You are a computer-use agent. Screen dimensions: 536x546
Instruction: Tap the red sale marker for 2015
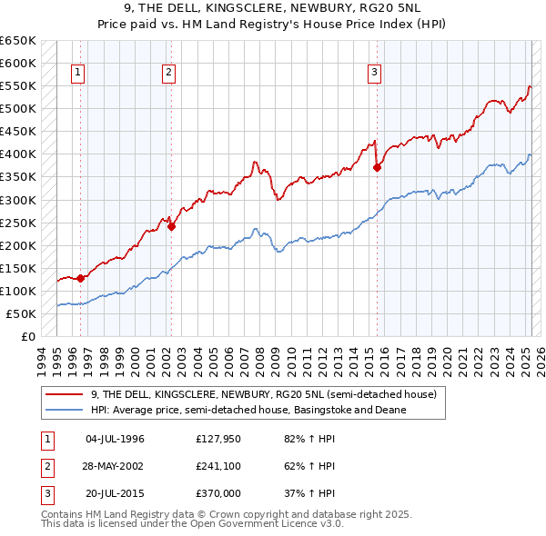click(378, 167)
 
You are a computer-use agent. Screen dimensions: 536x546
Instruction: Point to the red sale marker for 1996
click(80, 278)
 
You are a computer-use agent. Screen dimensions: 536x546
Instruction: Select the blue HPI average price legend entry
click(248, 410)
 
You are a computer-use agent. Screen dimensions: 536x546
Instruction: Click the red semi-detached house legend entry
click(264, 395)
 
